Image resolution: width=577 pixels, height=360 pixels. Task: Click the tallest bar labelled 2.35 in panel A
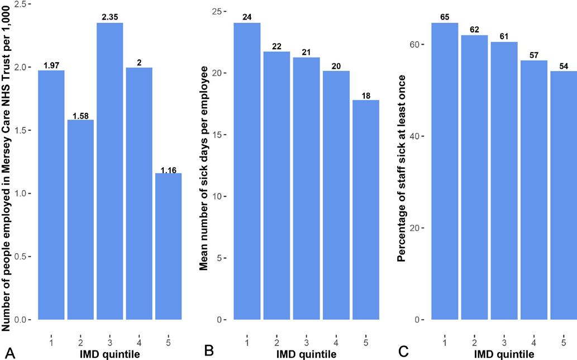click(x=108, y=171)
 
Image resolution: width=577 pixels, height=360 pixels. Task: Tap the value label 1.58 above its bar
click(x=79, y=116)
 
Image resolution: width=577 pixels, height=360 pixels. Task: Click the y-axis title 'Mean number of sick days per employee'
click(x=204, y=168)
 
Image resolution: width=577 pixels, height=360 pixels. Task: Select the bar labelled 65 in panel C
click(x=445, y=171)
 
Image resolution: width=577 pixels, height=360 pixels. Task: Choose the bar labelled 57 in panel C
click(x=533, y=190)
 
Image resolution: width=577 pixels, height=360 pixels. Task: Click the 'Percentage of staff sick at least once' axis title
click(x=401, y=168)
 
